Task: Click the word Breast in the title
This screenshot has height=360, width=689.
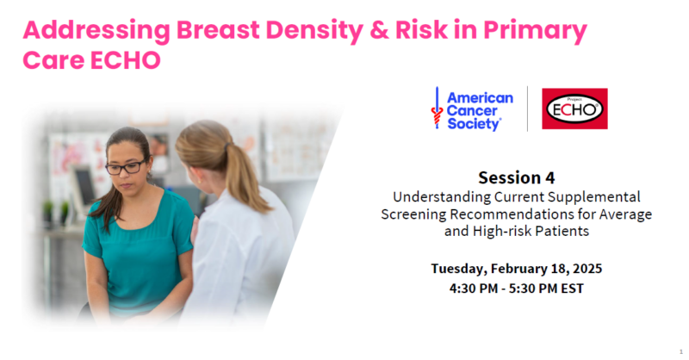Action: point(218,30)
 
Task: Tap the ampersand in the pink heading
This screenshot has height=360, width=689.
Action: point(379,30)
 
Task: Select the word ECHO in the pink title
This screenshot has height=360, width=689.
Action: point(126,60)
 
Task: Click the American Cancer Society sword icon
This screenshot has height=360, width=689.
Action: point(437,109)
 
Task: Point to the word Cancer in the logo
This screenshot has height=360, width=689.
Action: point(472,111)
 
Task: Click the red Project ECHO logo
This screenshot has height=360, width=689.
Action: point(574,109)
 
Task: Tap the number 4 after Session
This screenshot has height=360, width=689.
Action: point(549,178)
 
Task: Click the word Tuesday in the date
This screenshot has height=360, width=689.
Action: point(458,269)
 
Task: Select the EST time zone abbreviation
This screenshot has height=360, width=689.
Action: point(572,289)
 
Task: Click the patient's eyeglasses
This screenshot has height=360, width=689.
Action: point(126,167)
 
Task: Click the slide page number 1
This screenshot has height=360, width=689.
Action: point(681,351)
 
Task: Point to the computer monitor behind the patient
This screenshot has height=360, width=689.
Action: point(85,188)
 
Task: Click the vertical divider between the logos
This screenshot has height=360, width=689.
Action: point(527,109)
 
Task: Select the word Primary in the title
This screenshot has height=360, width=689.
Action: point(535,31)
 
